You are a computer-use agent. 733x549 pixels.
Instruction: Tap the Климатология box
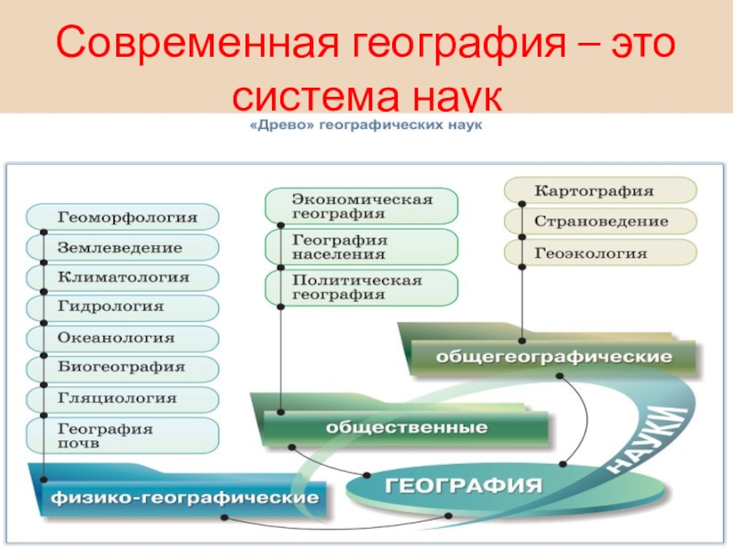[x=124, y=277]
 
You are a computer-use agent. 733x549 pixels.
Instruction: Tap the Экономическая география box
[x=361, y=206]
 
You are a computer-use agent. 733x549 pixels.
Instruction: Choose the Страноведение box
[x=600, y=222]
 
